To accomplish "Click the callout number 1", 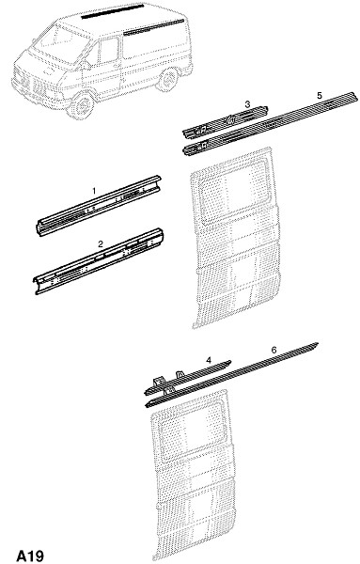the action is [x=94, y=190].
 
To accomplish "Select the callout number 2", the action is [x=101, y=243].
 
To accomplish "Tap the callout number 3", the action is [x=247, y=104].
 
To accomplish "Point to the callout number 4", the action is [x=209, y=360].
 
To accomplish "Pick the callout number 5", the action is [x=320, y=95].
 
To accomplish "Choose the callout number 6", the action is [x=274, y=350].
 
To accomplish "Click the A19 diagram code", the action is [x=30, y=556].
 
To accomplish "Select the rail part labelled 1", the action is [x=99, y=205].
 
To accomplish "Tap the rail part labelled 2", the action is [x=99, y=261].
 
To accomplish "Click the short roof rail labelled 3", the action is [x=226, y=122].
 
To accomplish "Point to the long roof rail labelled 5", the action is [x=271, y=124].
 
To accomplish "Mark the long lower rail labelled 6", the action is [x=231, y=375].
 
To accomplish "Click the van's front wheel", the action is [x=81, y=105].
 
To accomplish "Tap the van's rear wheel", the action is [x=167, y=80].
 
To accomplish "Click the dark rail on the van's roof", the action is [x=113, y=10].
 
